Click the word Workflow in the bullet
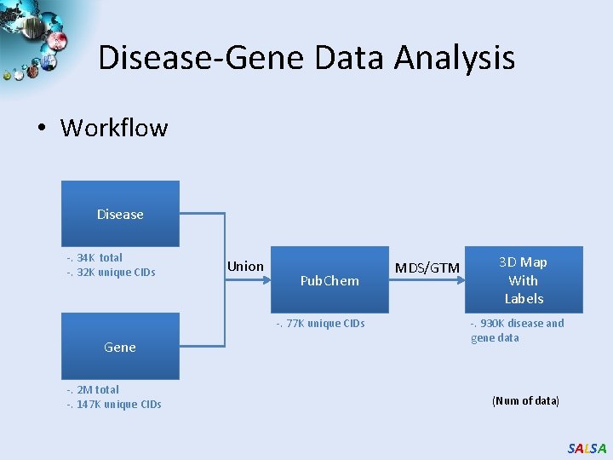click(x=114, y=128)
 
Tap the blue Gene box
click(x=120, y=346)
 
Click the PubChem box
click(x=329, y=280)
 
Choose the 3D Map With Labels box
click(x=524, y=280)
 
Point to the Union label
click(x=245, y=267)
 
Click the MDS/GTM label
click(x=427, y=268)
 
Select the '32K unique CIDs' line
click(x=111, y=273)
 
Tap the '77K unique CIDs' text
click(x=319, y=324)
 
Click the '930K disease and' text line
click(x=517, y=324)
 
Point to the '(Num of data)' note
click(x=525, y=400)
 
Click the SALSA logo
click(x=587, y=448)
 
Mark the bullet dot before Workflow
click(x=41, y=129)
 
